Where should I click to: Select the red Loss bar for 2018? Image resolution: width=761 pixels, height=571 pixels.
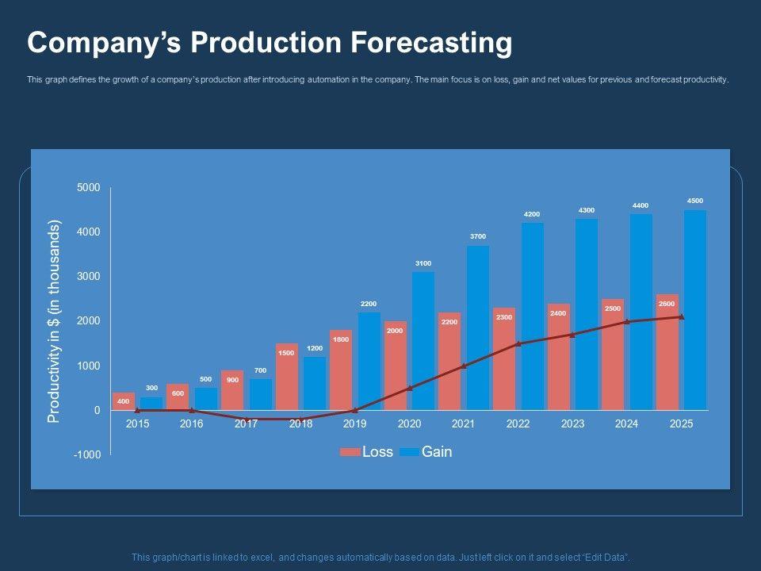click(x=287, y=377)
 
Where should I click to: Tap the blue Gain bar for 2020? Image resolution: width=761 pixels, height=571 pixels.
click(x=423, y=341)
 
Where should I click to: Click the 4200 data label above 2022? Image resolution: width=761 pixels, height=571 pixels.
click(x=531, y=214)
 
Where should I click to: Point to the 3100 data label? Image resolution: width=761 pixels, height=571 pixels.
click(x=423, y=263)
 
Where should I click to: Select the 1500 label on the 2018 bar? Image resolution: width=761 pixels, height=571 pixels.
click(x=287, y=353)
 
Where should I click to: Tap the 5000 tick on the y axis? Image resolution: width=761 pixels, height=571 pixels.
click(x=89, y=187)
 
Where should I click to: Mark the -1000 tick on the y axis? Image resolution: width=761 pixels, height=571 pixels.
click(x=87, y=454)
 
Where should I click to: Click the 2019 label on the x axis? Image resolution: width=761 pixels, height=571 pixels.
click(x=355, y=424)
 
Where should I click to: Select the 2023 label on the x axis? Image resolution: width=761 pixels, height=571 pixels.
click(x=572, y=424)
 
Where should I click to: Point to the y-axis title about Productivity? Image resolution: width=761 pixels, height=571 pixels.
click(x=54, y=321)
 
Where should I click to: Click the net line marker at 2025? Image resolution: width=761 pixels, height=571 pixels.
click(x=682, y=317)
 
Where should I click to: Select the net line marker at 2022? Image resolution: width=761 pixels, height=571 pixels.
click(x=518, y=344)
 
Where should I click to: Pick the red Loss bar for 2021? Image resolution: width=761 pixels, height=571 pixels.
click(x=449, y=361)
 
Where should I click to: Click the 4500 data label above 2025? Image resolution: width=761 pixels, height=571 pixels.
click(x=695, y=201)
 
